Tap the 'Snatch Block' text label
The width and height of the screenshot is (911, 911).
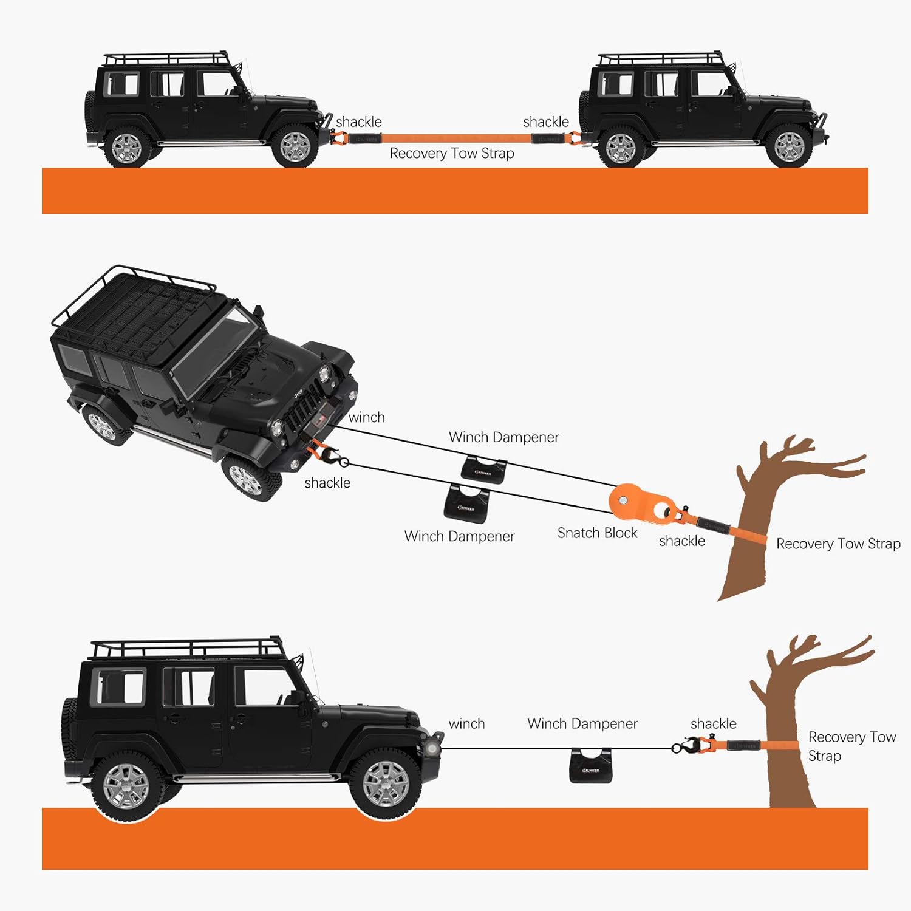point(597,533)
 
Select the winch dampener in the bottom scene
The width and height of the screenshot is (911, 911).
point(590,766)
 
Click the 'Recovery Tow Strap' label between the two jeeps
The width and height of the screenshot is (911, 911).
point(451,154)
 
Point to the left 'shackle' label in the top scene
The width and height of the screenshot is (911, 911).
point(358,122)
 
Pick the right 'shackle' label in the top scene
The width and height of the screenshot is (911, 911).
point(545,122)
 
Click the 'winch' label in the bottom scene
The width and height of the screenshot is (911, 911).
point(466,724)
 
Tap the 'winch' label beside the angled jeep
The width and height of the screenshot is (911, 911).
point(366,418)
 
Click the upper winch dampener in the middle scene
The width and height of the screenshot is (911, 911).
point(484,469)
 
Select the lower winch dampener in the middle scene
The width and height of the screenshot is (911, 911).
point(466,503)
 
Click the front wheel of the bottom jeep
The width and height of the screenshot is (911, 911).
point(386,783)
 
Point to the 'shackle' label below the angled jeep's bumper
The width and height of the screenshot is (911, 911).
point(327,483)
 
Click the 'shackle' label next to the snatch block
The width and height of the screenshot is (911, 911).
point(682,541)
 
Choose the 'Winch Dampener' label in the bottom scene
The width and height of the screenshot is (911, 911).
point(582,724)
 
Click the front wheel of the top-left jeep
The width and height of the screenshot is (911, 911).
point(295,146)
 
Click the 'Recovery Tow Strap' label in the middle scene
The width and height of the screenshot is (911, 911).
point(838,544)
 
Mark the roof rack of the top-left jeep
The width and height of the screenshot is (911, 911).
point(165,59)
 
